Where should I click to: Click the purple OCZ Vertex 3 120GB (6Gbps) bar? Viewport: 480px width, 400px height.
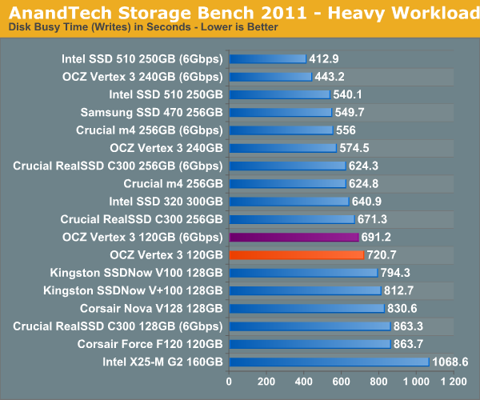coord(294,237)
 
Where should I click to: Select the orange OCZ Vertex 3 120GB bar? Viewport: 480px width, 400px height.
coord(297,255)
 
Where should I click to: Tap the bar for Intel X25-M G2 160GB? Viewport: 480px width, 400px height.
coord(330,362)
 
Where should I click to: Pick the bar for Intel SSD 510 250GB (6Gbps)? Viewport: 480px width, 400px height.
coord(268,58)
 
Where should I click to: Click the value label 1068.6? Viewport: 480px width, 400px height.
coord(450,362)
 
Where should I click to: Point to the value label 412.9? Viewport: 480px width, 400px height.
coord(324,58)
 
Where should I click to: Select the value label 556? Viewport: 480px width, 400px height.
coord(346,130)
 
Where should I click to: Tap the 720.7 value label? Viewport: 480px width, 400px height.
coord(382,255)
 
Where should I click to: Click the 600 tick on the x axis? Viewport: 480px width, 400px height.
coord(341,382)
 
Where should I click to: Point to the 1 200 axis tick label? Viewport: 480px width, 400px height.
coord(454,382)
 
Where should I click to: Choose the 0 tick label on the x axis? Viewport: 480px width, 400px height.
coord(229,382)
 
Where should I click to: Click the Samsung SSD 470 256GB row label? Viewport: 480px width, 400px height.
coord(151,112)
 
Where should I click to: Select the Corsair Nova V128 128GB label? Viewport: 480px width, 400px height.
coord(151,309)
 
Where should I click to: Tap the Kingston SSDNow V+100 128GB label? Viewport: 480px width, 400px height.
coord(133,290)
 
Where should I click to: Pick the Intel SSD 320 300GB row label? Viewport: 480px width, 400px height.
coord(166,202)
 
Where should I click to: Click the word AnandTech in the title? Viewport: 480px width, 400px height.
coord(60,13)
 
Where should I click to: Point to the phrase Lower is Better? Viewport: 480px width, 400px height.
coord(239,27)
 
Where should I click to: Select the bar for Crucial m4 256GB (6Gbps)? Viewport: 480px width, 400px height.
coord(282,130)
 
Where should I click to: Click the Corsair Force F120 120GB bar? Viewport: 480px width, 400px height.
coord(310,344)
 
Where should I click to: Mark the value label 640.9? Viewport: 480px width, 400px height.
coord(366,202)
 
